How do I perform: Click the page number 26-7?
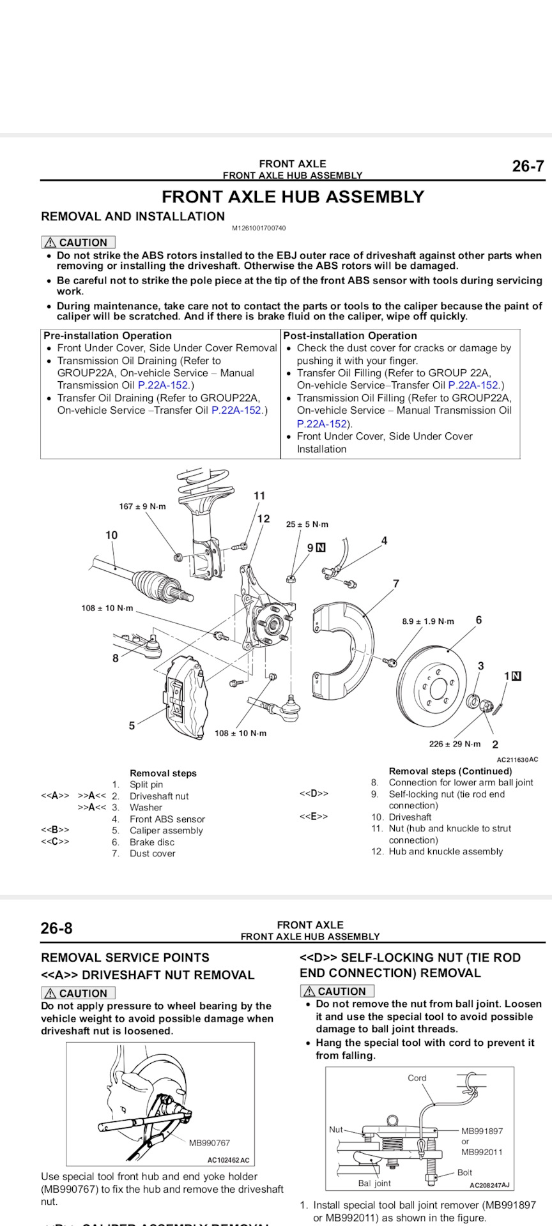528,167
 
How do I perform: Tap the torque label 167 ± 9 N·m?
142,506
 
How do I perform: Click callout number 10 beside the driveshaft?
111,535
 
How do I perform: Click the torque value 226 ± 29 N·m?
454,744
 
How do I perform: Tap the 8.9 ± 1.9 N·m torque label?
427,621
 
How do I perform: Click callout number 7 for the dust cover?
396,584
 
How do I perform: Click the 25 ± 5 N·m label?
307,524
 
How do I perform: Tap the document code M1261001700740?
259,228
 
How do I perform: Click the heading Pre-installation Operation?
107,336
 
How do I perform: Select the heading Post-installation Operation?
349,336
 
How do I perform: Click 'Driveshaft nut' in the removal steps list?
159,796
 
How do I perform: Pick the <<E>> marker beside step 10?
314,817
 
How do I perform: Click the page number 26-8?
56,928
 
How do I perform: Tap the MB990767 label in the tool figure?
209,1143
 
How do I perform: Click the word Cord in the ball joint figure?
417,1078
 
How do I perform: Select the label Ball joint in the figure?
374,1183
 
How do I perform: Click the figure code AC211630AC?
517,760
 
